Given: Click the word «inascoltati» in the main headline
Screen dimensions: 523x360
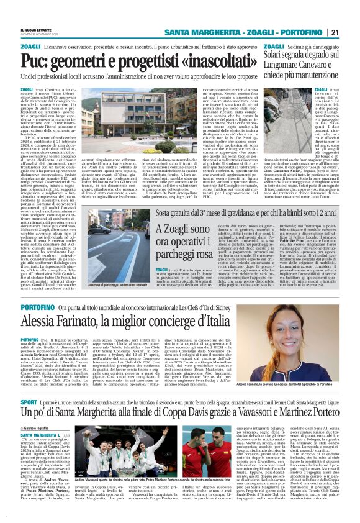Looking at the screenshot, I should point(214,61).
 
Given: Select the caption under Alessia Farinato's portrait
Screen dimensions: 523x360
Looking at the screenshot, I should point(297,367).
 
